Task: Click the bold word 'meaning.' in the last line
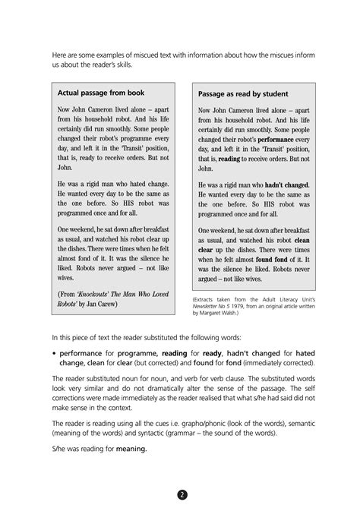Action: click(x=130, y=449)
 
